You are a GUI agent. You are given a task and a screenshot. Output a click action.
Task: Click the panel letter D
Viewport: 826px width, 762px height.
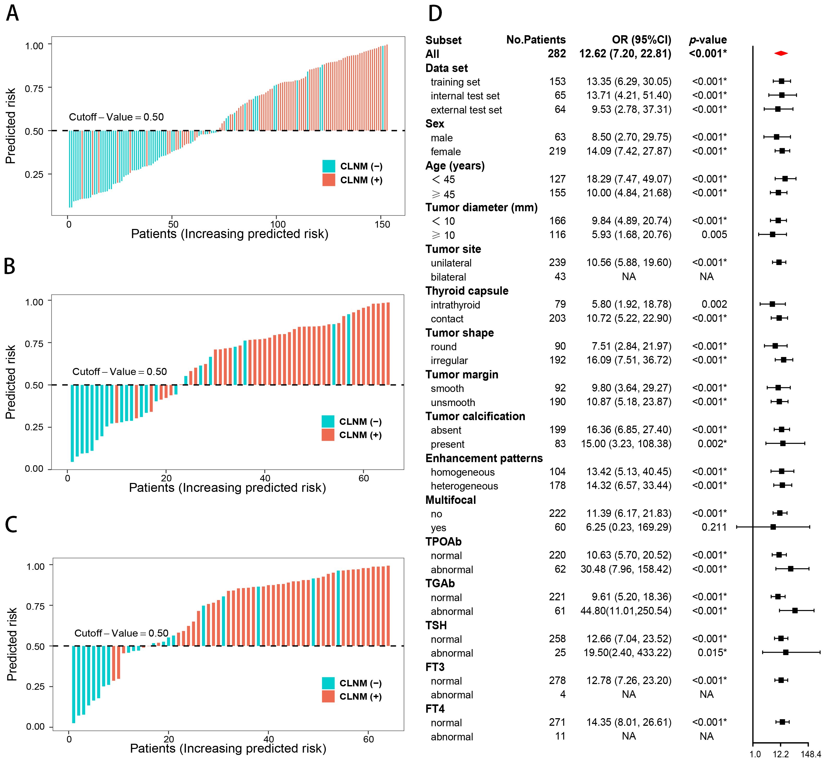(x=435, y=14)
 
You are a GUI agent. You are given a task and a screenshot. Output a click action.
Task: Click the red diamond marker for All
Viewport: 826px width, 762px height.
(x=781, y=53)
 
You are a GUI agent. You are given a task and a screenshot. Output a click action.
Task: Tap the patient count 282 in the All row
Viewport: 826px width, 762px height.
(x=557, y=54)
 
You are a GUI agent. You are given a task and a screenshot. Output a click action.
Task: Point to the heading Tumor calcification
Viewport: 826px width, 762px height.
(x=475, y=416)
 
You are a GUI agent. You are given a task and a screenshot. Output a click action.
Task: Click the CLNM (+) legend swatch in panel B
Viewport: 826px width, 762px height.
(x=328, y=435)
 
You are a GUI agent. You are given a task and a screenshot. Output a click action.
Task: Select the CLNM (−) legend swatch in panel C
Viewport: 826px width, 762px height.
(x=328, y=683)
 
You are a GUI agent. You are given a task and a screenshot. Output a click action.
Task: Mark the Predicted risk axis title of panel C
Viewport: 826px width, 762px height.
(x=12, y=644)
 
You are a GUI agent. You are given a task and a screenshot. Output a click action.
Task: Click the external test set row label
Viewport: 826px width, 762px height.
(x=466, y=110)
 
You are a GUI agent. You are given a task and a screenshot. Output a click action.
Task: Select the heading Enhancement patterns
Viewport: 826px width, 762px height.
(x=484, y=458)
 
